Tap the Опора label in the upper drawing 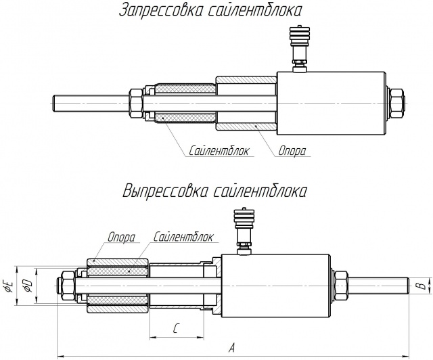(292, 152)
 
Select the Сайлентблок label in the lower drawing (184, 238)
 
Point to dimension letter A (233, 348)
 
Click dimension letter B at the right (419, 286)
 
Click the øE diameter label (9, 286)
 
